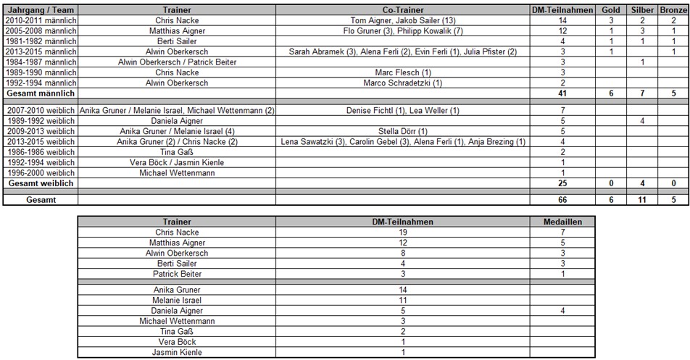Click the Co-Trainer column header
point(403,11)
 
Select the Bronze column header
point(673,11)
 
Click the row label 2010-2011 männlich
point(41,21)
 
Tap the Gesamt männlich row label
point(41,93)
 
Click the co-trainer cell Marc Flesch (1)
point(403,73)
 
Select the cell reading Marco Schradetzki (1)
point(403,83)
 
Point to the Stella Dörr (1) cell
point(403,131)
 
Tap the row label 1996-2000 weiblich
point(41,173)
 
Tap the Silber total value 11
point(641,199)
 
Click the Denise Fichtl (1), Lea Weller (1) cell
point(403,110)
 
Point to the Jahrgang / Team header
point(41,11)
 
